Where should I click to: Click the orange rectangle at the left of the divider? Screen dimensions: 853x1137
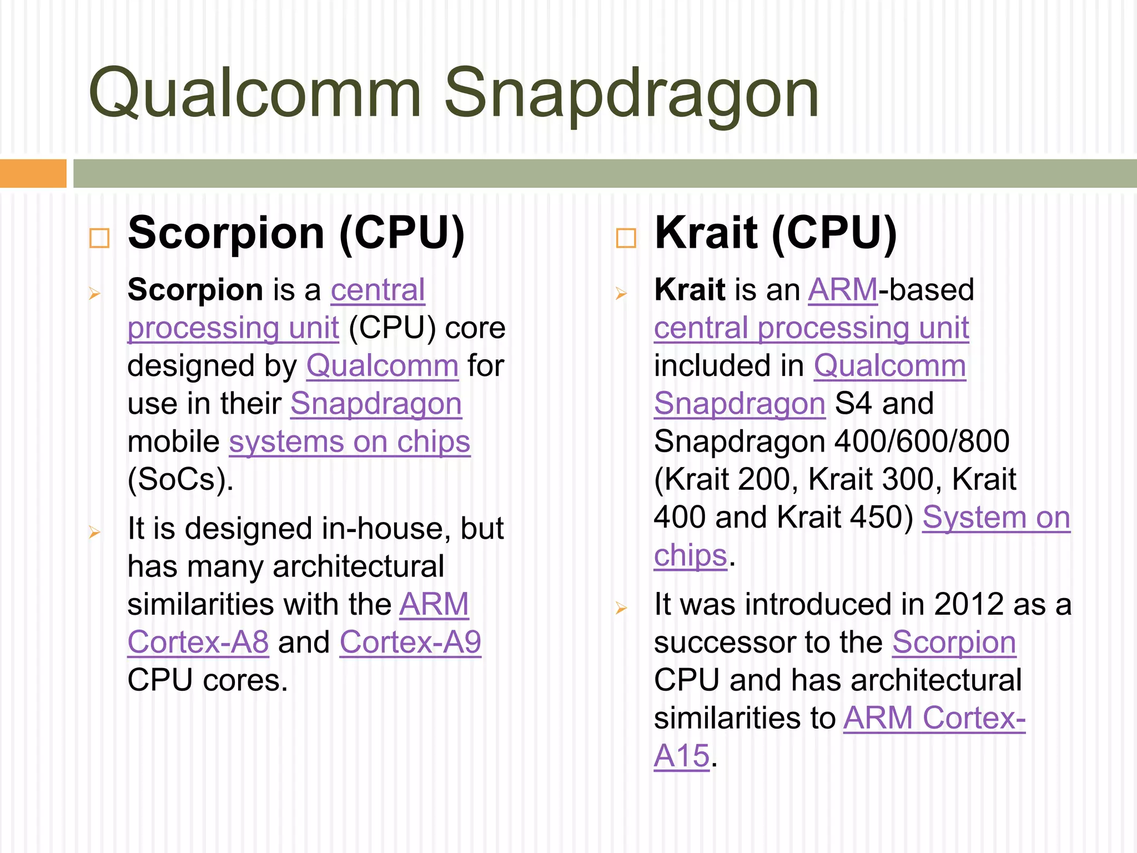[x=33, y=173]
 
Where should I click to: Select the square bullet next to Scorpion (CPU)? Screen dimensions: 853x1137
[x=99, y=238]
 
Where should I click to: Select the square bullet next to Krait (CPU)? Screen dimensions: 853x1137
[x=626, y=238]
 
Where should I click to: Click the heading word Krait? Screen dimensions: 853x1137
[x=706, y=233]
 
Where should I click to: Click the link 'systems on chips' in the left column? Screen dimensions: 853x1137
[x=350, y=442]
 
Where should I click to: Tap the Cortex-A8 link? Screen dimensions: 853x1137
[x=198, y=643]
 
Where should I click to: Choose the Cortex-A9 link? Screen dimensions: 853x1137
[x=410, y=643]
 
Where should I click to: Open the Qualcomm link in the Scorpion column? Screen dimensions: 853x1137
[x=383, y=367]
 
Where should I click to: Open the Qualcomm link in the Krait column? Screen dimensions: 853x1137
[x=890, y=367]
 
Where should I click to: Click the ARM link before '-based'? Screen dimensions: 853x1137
[x=843, y=290]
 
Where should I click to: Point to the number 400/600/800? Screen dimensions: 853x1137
[x=922, y=442]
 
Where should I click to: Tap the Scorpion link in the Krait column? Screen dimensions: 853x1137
[x=954, y=643]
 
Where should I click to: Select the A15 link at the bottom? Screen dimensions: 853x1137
[x=682, y=756]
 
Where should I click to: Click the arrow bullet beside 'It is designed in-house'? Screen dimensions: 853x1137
[x=94, y=532]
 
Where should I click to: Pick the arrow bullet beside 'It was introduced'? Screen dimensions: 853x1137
[x=621, y=608]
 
